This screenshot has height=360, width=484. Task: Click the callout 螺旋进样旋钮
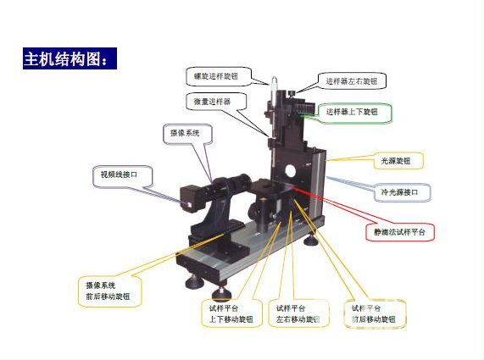[218, 76]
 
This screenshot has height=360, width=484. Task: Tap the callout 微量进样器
[216, 101]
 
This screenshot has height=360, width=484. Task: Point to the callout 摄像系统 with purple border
[186, 133]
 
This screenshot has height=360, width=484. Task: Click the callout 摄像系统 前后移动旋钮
[108, 291]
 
